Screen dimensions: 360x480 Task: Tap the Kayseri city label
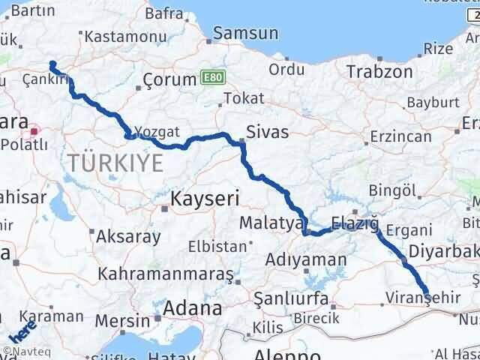204,199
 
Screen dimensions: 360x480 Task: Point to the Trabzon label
379,71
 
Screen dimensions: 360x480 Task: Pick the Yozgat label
160,131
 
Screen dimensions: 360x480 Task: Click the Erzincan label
401,138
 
